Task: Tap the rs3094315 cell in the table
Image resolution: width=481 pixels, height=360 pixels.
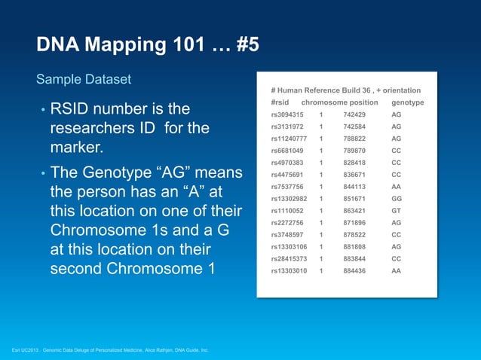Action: click(x=286, y=114)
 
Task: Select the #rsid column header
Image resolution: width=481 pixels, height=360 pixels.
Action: click(x=282, y=102)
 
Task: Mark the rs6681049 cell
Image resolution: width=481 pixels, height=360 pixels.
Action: click(x=286, y=151)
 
